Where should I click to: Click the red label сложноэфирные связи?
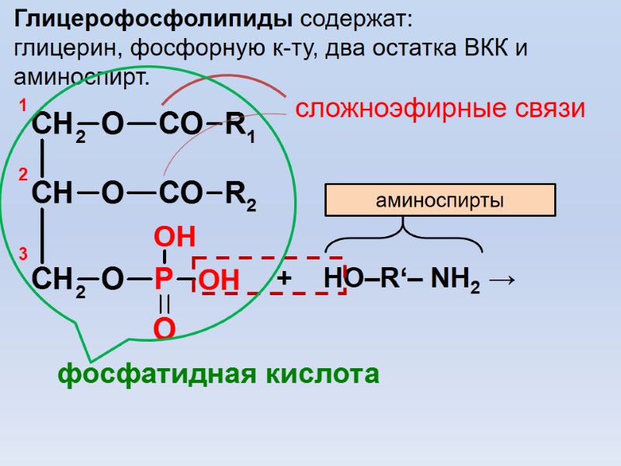[439, 109]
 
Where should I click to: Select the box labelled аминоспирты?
[439, 200]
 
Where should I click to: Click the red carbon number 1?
[23, 104]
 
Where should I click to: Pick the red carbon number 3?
[23, 254]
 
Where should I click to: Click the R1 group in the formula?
[240, 127]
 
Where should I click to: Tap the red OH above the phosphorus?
[174, 238]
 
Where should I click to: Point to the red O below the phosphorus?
[164, 329]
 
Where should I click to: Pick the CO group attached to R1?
[180, 123]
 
